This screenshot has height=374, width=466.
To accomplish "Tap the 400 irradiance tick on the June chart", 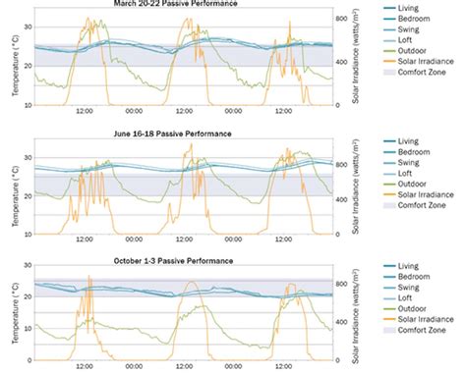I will pyautogui.click(x=339, y=198).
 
